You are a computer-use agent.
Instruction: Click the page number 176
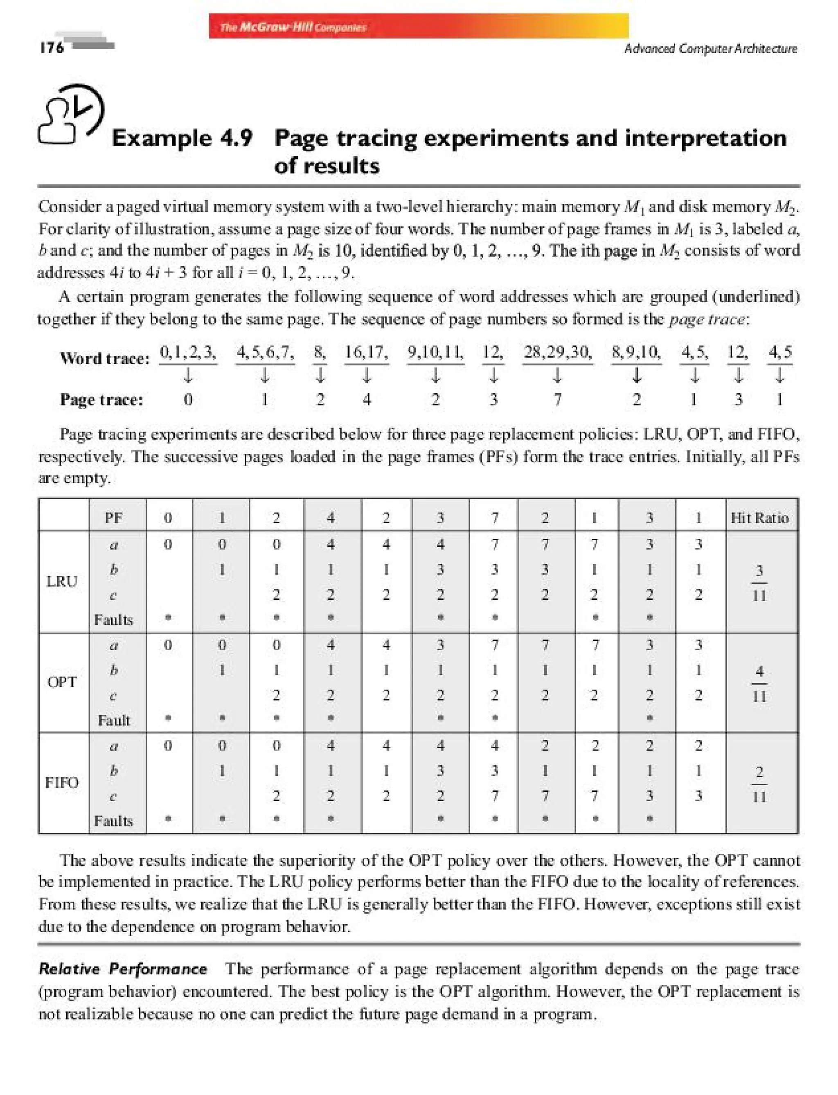(x=52, y=47)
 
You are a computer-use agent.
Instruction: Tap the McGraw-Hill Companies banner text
(x=293, y=27)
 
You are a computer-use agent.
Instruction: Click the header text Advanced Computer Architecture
(x=710, y=48)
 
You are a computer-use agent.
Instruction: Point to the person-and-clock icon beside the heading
(x=71, y=114)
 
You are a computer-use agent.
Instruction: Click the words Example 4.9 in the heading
(x=182, y=138)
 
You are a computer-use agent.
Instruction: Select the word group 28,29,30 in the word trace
(x=557, y=353)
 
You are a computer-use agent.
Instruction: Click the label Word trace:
(x=104, y=358)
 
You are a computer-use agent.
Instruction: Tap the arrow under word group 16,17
(x=367, y=375)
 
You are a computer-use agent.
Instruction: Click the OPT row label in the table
(x=62, y=682)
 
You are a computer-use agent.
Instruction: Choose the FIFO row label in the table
(x=62, y=782)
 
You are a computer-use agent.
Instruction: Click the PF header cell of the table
(x=114, y=518)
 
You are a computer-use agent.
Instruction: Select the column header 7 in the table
(x=494, y=518)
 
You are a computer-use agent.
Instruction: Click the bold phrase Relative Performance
(x=123, y=969)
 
